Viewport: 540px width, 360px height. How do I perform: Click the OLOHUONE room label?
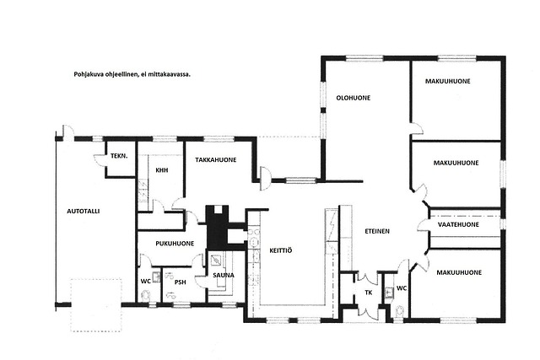pyautogui.click(x=354, y=98)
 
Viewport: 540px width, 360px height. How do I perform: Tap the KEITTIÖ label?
pyautogui.click(x=281, y=250)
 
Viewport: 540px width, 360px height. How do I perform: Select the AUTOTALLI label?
pyautogui.click(x=84, y=211)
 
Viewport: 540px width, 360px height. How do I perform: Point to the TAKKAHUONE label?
pyautogui.click(x=216, y=159)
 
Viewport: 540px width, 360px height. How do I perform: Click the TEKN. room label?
pyautogui.click(x=119, y=156)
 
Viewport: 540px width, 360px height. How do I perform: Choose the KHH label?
pyautogui.click(x=162, y=170)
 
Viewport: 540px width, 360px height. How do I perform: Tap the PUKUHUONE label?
pyautogui.click(x=175, y=244)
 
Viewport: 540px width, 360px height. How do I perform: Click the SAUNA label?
pyautogui.click(x=224, y=275)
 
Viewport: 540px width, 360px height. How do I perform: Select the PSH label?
pyautogui.click(x=180, y=282)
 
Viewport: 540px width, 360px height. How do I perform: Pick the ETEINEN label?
pyautogui.click(x=377, y=231)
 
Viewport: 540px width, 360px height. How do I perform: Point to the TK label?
pyautogui.click(x=369, y=293)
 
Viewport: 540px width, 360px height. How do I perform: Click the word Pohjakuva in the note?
pyautogui.click(x=88, y=74)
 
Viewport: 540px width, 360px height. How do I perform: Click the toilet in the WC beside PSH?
pyautogui.click(x=146, y=296)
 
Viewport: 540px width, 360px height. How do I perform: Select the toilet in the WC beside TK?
pyautogui.click(x=401, y=311)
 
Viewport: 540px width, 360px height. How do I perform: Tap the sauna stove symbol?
pyautogui.click(x=216, y=261)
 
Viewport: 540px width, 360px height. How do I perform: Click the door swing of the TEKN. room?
pyautogui.click(x=100, y=159)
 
